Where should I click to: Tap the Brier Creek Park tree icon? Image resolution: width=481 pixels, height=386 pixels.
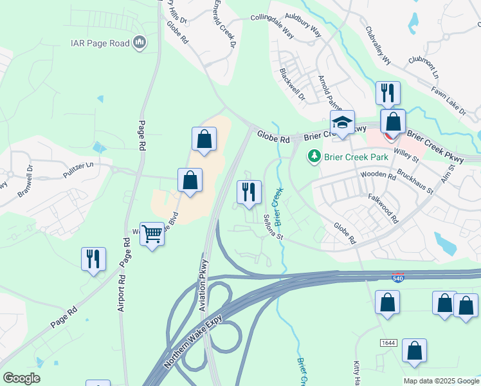coord(314,156)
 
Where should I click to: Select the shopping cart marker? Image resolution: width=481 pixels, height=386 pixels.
coord(152,235)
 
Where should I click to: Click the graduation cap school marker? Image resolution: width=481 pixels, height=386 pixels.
coord(343,123)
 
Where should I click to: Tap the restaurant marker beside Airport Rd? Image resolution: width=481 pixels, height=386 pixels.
coord(94,259)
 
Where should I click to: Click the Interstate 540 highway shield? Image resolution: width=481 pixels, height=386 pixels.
coord(398,277)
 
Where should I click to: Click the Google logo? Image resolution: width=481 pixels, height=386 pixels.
coord(21,378)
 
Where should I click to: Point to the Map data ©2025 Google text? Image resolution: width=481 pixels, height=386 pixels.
coord(440,381)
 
